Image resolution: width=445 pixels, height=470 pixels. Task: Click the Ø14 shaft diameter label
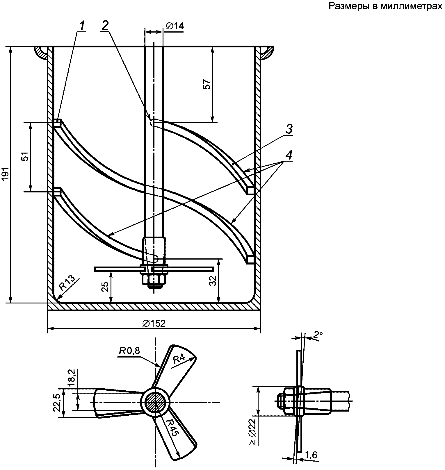[x=175, y=26]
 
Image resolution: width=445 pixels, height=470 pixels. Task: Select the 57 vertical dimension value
[x=207, y=84]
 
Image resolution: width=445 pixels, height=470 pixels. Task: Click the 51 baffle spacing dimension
[x=26, y=157]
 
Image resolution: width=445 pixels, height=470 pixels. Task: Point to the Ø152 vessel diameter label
[x=154, y=323]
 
